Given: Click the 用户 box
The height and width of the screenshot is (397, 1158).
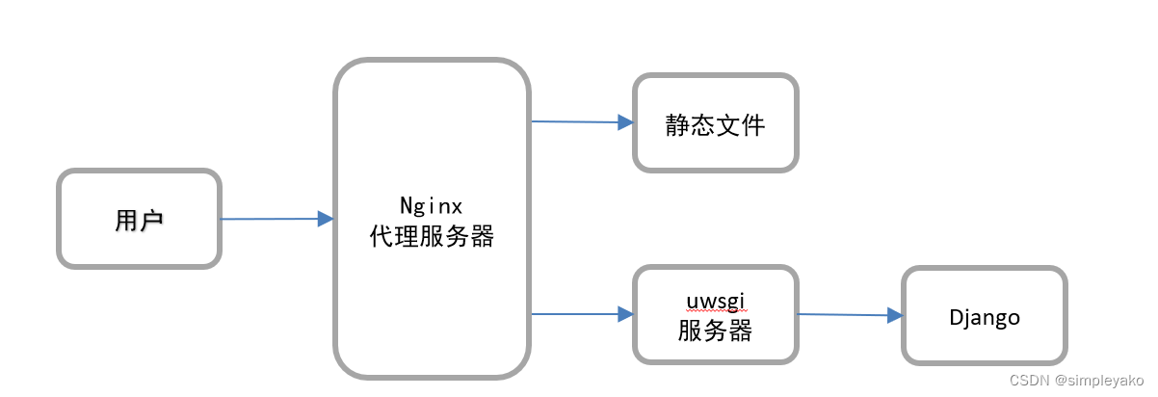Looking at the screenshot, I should tap(140, 219).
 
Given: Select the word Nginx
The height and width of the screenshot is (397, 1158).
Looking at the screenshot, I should tap(432, 205).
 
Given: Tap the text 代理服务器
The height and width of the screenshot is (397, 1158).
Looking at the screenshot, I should tap(432, 237).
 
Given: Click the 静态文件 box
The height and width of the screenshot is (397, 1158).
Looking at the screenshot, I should tap(715, 123).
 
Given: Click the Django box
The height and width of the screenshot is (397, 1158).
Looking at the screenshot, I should tap(984, 316).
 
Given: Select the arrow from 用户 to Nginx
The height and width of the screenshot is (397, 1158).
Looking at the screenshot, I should tap(270, 219).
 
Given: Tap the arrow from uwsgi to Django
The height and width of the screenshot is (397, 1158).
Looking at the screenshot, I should tap(843, 314).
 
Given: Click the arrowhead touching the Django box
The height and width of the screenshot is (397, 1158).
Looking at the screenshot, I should tap(895, 315).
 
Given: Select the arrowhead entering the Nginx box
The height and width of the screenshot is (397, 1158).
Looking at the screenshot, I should tap(326, 219).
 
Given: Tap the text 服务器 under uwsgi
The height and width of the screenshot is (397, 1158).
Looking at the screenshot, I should tap(715, 331).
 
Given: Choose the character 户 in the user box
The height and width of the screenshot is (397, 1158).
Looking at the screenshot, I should tap(151, 220).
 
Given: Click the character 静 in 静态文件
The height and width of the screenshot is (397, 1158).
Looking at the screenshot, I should tap(677, 124).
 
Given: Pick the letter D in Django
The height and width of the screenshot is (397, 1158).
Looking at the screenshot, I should tap(955, 316).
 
